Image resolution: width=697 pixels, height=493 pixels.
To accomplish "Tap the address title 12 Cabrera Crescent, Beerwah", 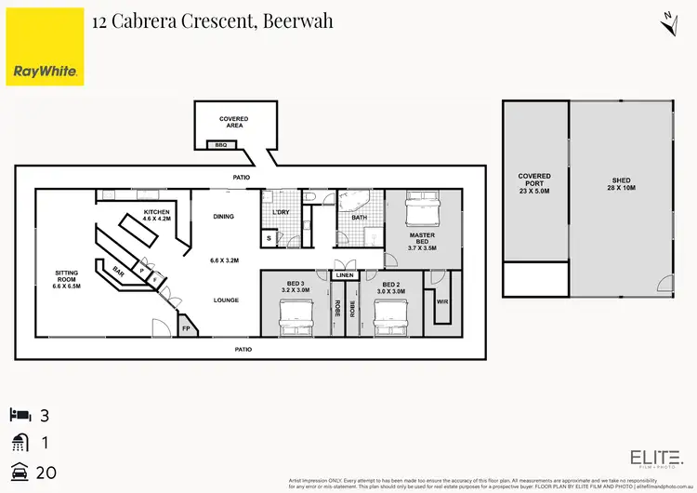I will pyautogui.click(x=213, y=20).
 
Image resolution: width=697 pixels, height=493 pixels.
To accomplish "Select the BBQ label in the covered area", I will pyautogui.click(x=221, y=145).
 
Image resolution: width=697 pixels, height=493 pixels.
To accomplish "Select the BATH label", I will pyautogui.click(x=360, y=218).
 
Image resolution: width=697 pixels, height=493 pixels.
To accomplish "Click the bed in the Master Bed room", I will pyautogui.click(x=423, y=207).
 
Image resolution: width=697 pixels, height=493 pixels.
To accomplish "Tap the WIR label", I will pyautogui.click(x=442, y=300).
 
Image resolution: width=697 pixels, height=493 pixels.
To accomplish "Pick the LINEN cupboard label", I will pyautogui.click(x=344, y=276).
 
